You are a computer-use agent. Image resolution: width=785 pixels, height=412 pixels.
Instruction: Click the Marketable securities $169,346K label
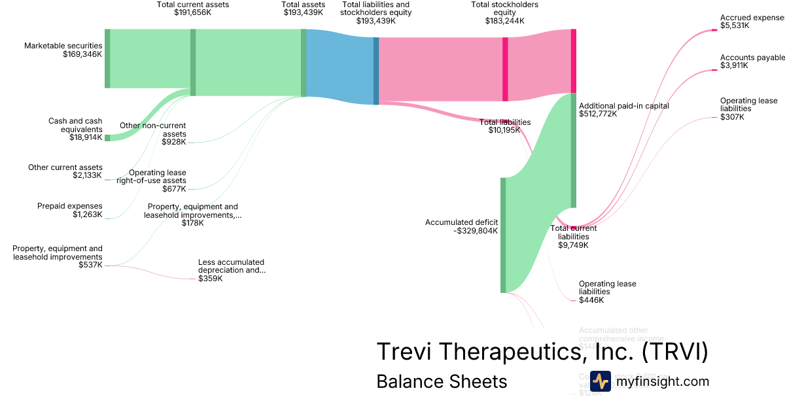click(x=63, y=50)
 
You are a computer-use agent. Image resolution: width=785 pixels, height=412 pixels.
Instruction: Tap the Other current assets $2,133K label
click(x=65, y=171)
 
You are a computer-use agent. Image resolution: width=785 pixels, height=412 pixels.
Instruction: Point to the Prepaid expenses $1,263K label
click(x=70, y=210)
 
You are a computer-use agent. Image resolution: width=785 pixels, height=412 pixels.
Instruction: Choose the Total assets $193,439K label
click(x=303, y=8)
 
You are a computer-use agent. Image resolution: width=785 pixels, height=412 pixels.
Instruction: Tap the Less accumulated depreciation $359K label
click(x=232, y=270)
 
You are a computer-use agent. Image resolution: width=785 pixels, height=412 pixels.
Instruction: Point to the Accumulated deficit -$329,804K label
click(x=462, y=226)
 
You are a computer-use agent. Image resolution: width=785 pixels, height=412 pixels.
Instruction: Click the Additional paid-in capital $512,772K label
click(x=623, y=109)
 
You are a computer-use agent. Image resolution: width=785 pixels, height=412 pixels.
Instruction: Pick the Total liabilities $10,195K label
click(x=504, y=126)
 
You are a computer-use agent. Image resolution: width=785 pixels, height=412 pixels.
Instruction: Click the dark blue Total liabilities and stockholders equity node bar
click(x=376, y=71)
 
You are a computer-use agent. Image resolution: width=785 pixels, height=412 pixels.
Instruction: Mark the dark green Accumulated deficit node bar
click(x=503, y=235)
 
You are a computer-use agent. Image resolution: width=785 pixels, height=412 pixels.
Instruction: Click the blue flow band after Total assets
click(x=340, y=65)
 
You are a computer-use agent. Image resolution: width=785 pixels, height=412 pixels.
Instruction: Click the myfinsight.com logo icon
click(x=601, y=381)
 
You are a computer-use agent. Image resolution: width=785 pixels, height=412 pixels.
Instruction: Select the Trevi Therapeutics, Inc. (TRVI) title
click(x=542, y=352)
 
